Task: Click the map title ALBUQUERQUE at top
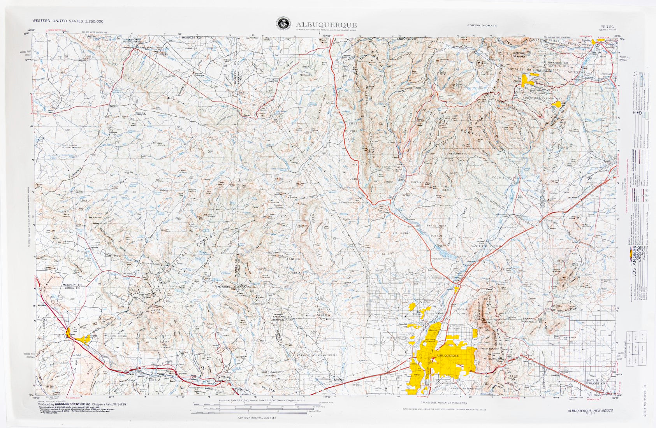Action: [326, 25]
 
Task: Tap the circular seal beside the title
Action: [283, 23]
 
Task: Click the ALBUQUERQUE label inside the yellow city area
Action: [448, 356]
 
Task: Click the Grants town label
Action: [93, 335]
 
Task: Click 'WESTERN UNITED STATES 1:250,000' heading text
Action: [68, 21]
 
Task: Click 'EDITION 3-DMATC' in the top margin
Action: [482, 25]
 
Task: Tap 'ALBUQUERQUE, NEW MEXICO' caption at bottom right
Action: [590, 410]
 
